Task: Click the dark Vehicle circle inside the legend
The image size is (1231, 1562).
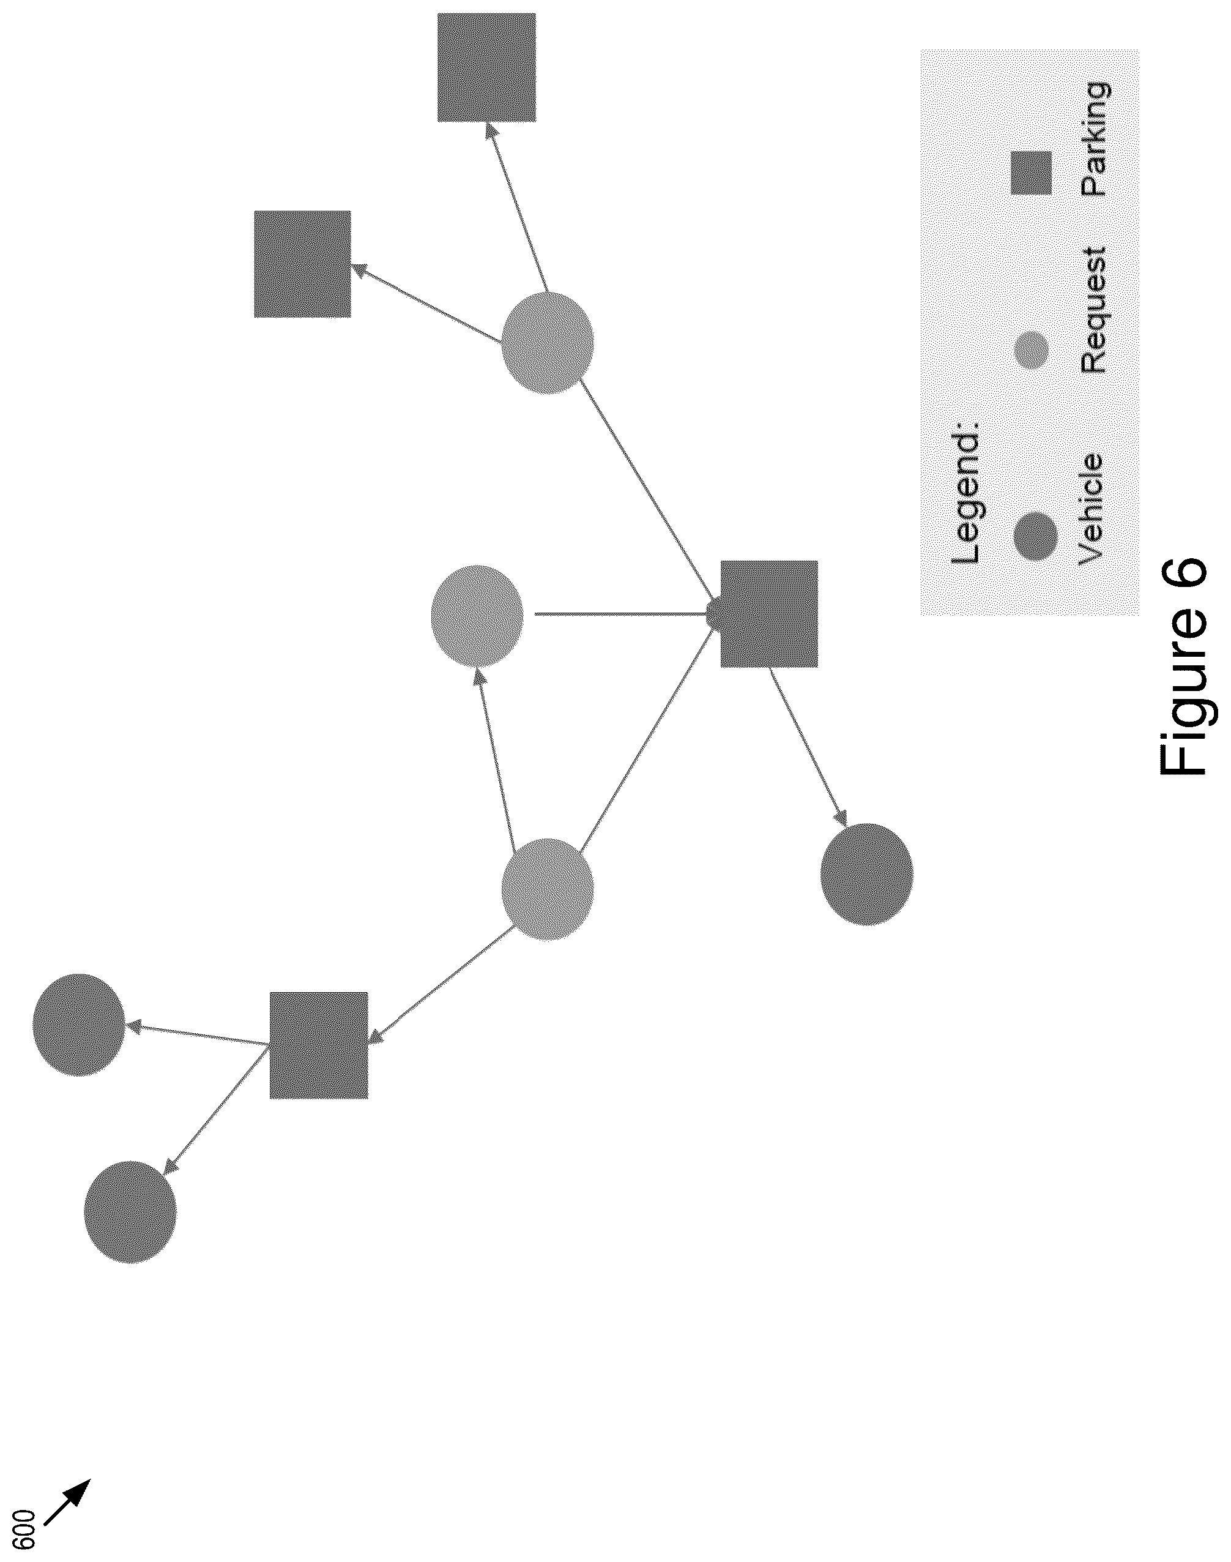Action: pos(1036,536)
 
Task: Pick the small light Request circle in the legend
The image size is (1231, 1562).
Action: pos(1032,350)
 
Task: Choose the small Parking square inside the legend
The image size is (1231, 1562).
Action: pos(1031,173)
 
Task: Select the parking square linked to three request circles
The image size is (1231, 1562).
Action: pos(769,614)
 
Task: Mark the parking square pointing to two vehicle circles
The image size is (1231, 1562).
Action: pos(319,1045)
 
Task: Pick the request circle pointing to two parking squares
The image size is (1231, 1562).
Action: pos(548,343)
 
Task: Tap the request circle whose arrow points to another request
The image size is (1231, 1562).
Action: pos(548,889)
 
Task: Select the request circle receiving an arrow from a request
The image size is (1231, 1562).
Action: pos(477,616)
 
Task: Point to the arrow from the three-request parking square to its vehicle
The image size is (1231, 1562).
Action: pos(809,747)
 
